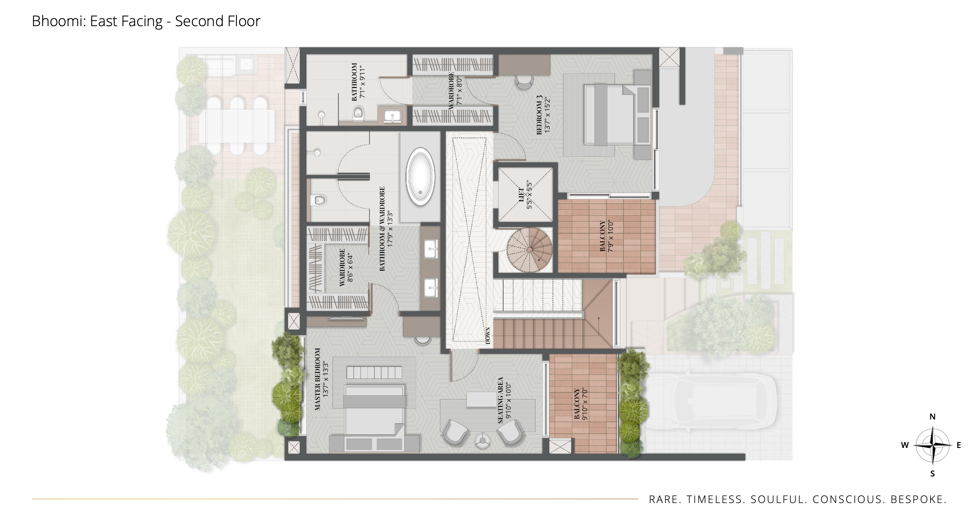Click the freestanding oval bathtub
point(420,177)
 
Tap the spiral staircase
point(530,249)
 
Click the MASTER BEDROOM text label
point(318,379)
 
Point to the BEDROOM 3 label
point(540,115)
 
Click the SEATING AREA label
point(500,400)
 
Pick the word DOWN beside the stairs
point(488,335)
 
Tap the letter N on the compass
point(932,417)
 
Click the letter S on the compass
point(933,474)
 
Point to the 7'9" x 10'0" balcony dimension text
point(611,236)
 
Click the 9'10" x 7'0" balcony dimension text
point(585,404)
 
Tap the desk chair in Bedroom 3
point(524,82)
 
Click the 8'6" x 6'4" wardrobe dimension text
point(350,268)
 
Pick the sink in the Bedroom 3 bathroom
point(392,116)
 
